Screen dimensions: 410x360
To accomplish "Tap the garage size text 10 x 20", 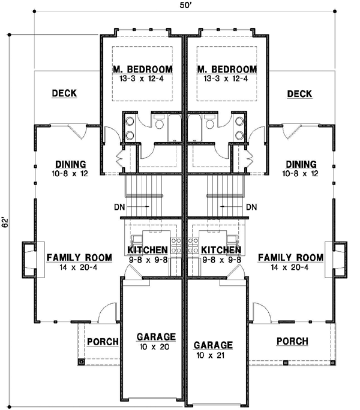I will [x=155, y=346].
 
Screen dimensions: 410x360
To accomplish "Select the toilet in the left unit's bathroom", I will [x=159, y=123].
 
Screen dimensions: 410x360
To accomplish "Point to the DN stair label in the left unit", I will [x=118, y=207].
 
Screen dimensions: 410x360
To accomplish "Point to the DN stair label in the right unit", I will [x=251, y=207].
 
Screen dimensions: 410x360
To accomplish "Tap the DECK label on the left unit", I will [x=64, y=94].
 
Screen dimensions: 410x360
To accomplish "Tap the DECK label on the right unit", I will [x=299, y=94].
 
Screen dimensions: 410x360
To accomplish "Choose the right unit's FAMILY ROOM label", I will [x=290, y=257].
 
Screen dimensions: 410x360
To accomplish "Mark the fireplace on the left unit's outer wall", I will [x=28, y=259].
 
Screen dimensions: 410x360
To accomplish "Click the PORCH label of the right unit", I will [x=292, y=341].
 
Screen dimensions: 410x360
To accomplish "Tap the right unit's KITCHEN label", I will [x=221, y=249].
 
